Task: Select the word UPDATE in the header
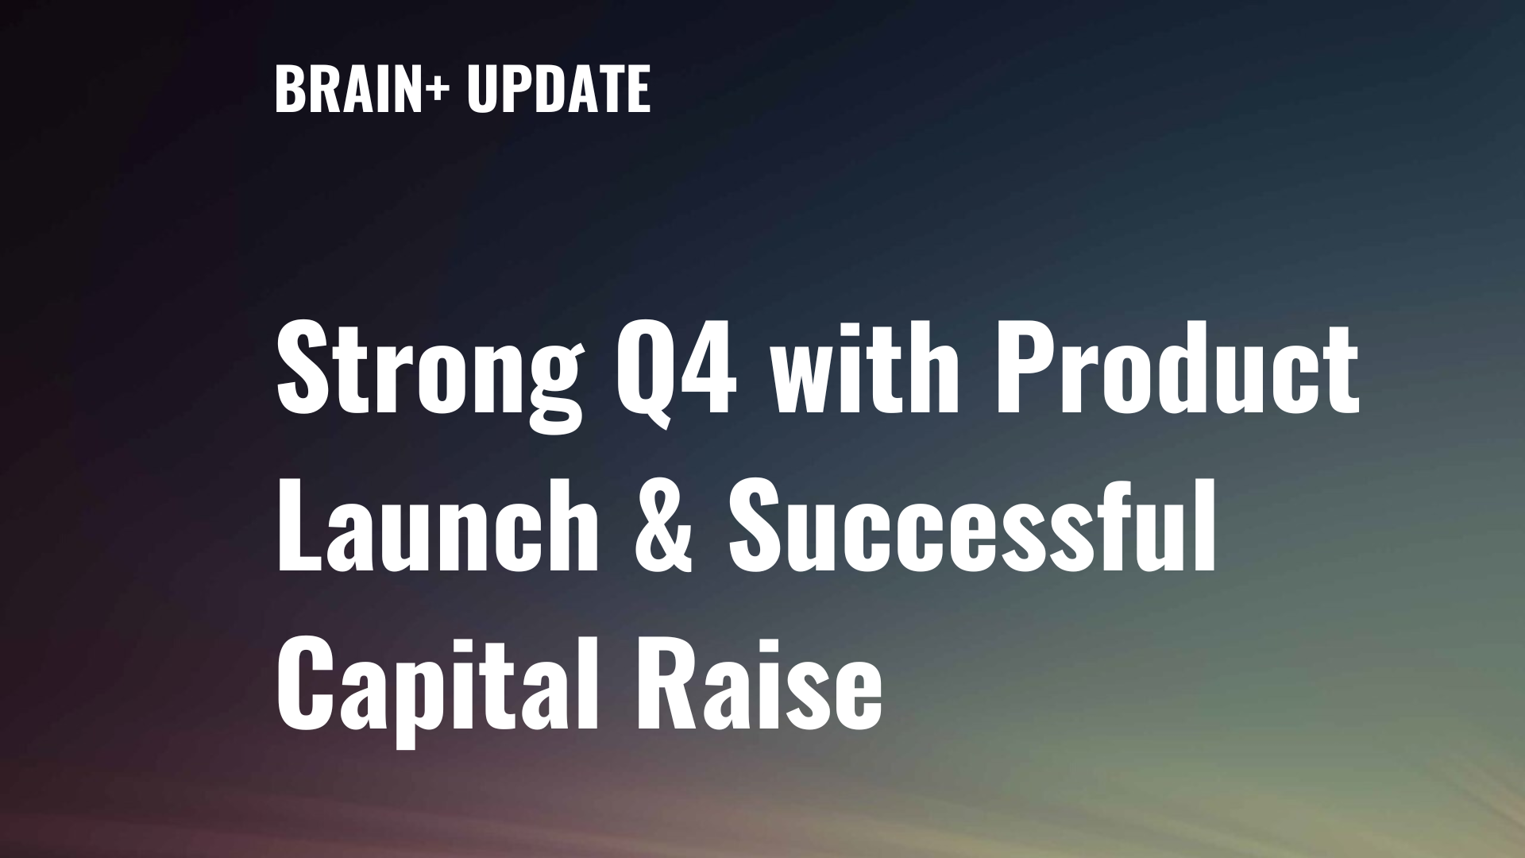tap(558, 88)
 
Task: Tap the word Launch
tap(437, 524)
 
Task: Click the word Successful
tap(972, 524)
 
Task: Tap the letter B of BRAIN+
tap(288, 89)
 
